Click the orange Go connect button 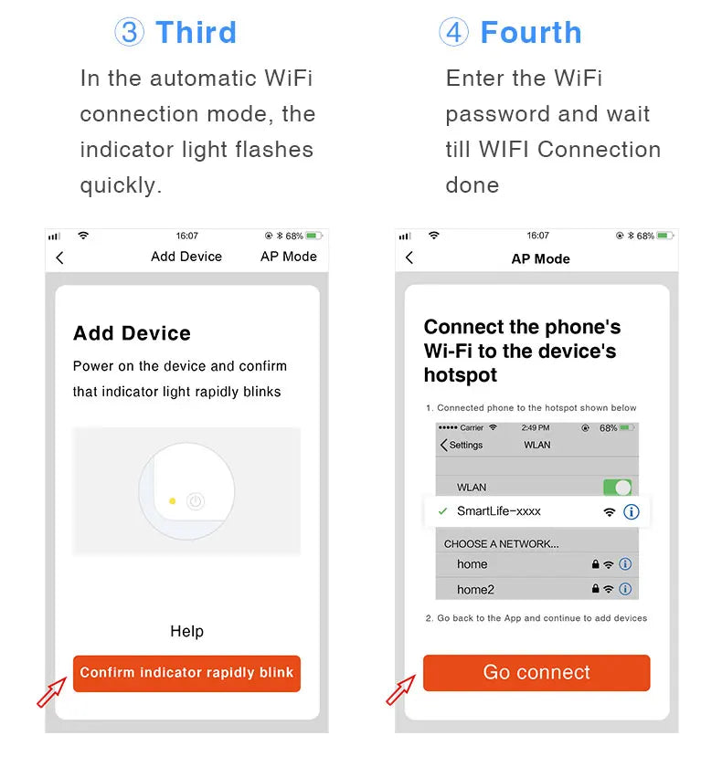coord(536,673)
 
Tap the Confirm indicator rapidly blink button coord(186,673)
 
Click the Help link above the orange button coord(186,631)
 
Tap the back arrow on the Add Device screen coord(60,257)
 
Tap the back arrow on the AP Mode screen coord(409,258)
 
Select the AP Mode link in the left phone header coord(288,257)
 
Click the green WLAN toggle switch coord(617,488)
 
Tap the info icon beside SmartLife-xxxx coord(631,512)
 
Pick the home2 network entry coord(475,590)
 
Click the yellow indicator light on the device coord(172,500)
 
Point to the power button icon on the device coord(195,500)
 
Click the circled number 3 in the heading coord(129,33)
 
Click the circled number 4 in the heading coord(453,33)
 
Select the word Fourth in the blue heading coord(530,33)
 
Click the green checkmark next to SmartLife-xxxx coord(442,512)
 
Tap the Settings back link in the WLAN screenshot coord(462,445)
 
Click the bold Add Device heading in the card coord(132,333)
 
